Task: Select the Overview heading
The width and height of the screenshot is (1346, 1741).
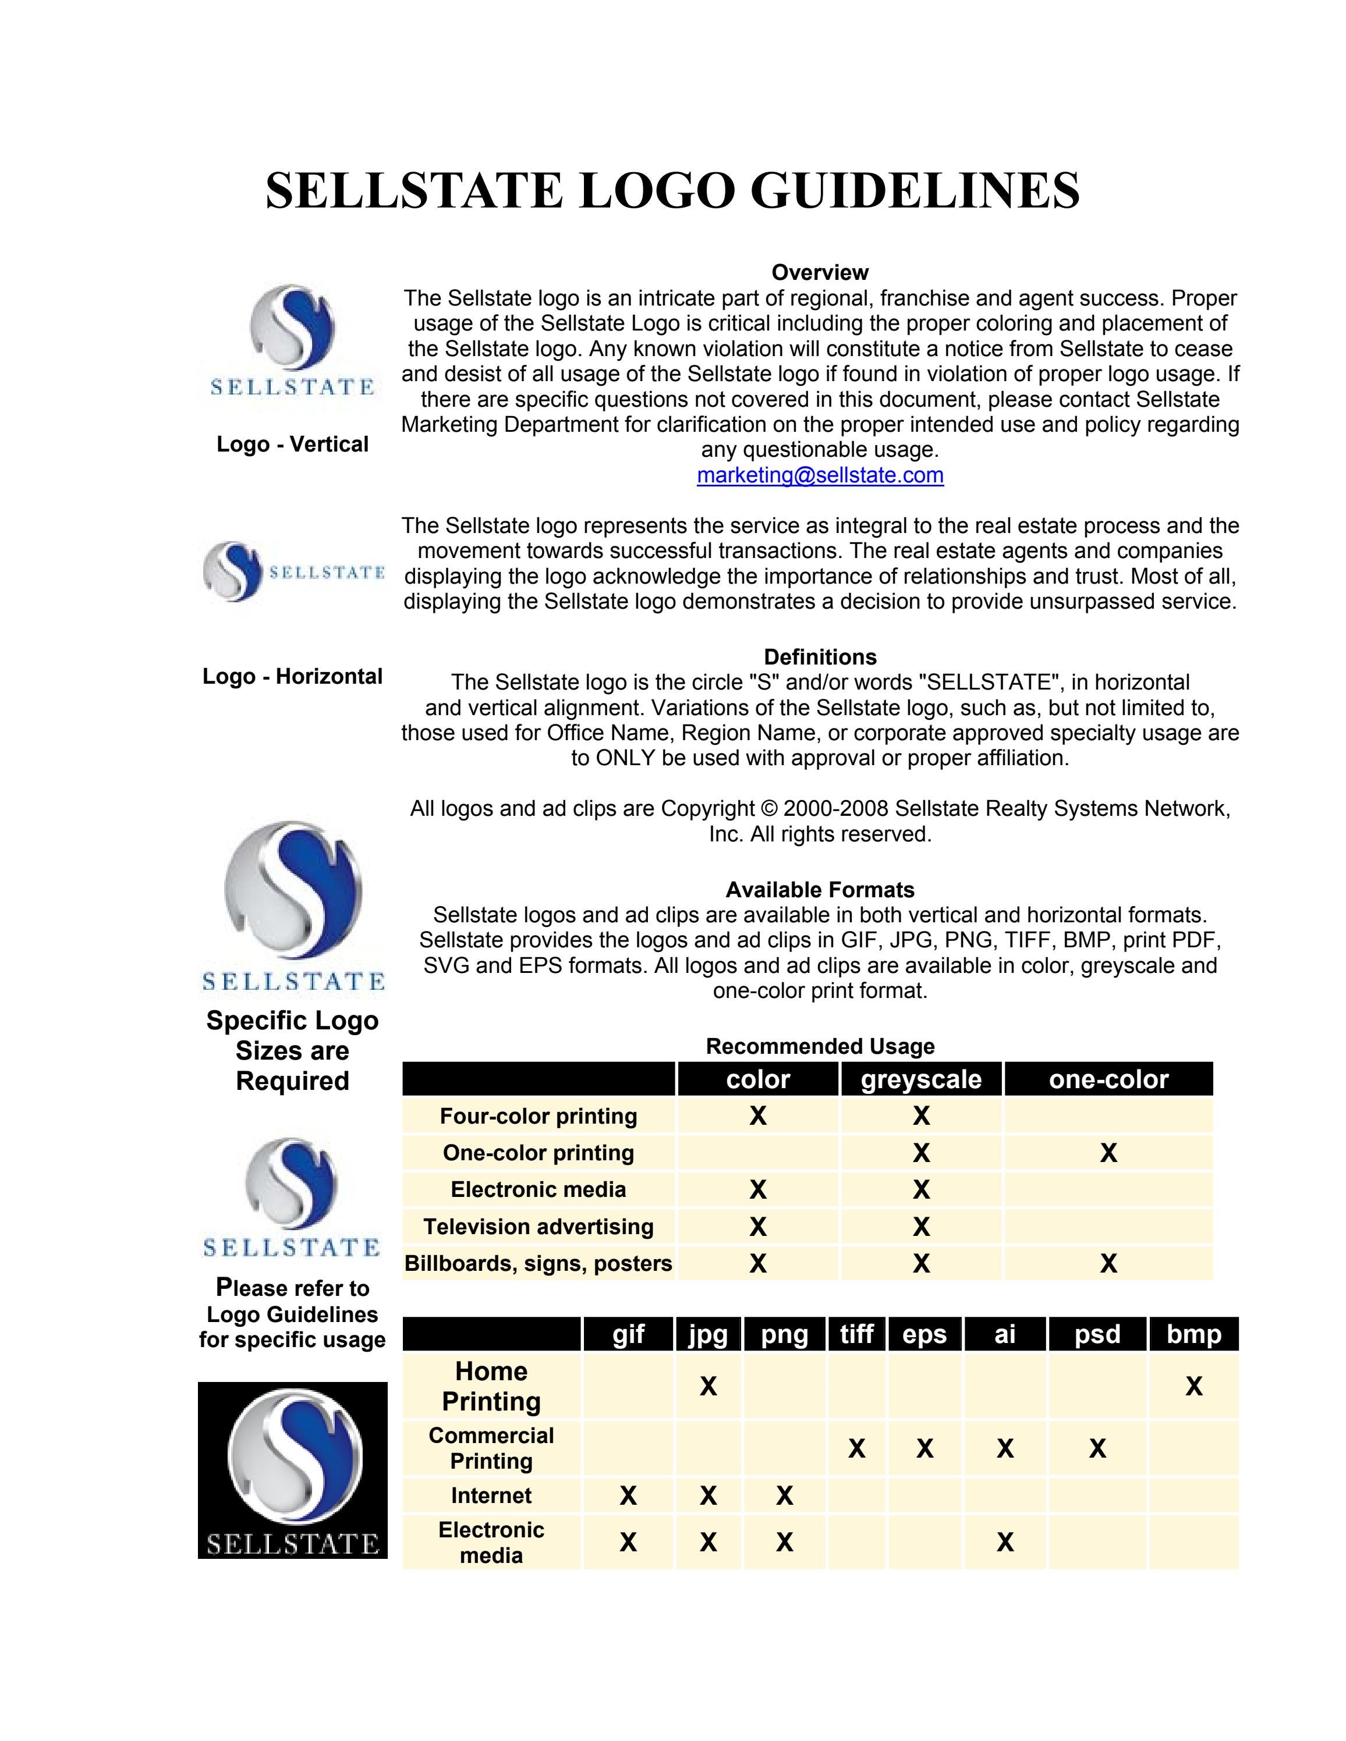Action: (820, 273)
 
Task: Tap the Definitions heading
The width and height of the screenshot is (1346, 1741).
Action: (820, 657)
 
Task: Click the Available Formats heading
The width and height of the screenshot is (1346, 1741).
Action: (820, 890)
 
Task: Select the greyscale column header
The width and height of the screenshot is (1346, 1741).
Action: (921, 1079)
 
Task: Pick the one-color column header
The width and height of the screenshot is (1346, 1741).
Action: (1108, 1079)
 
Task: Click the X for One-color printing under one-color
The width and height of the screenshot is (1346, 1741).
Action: (1108, 1153)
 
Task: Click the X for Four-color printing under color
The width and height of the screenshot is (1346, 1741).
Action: (757, 1116)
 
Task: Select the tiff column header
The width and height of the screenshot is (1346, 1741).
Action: (856, 1334)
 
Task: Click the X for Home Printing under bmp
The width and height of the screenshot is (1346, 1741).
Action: (1193, 1387)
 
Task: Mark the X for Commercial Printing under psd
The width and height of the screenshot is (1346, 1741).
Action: (1097, 1448)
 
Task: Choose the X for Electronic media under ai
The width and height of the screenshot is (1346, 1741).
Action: (1005, 1543)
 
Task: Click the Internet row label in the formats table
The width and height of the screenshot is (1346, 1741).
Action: (491, 1495)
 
